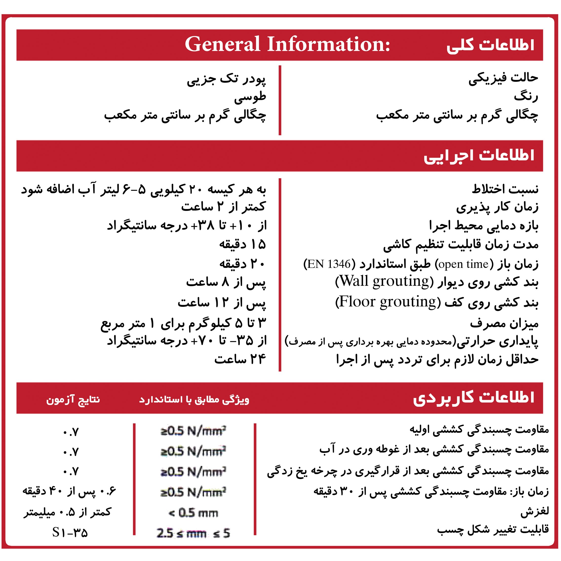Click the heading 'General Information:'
(288, 44)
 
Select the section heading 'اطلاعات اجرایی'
(479, 156)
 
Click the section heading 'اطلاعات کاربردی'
(474, 398)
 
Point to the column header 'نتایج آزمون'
(73, 400)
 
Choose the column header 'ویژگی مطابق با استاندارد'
(194, 400)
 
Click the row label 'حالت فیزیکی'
(503, 78)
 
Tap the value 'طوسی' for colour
(250, 97)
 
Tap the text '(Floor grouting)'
(388, 302)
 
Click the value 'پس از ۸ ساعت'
(226, 282)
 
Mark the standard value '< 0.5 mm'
(193, 513)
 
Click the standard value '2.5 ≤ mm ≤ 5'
(193, 533)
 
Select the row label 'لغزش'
(534, 512)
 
